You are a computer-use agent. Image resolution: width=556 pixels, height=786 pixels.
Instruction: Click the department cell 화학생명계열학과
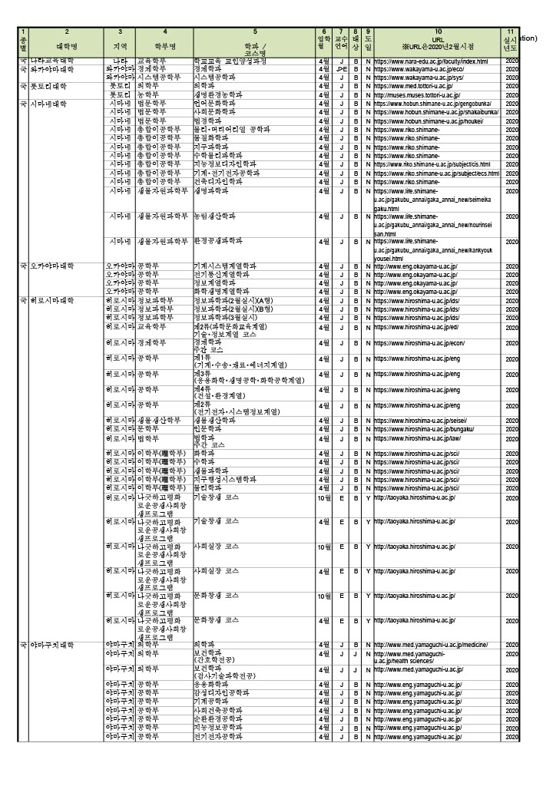222,292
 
